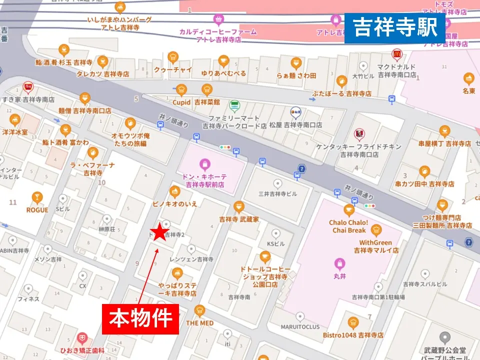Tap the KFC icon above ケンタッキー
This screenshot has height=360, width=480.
pyautogui.click(x=358, y=133)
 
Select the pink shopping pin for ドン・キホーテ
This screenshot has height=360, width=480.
pyautogui.click(x=204, y=163)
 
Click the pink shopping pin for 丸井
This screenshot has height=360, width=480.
pyautogui.click(x=340, y=262)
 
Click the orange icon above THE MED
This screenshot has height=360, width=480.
pyautogui.click(x=199, y=310)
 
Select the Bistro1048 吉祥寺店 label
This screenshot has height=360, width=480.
pyautogui.click(x=353, y=334)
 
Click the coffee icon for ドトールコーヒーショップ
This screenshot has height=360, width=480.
pyautogui.click(x=265, y=257)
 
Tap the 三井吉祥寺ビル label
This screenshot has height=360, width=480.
pyautogui.click(x=277, y=194)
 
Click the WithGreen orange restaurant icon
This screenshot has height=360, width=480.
pyautogui.click(x=376, y=230)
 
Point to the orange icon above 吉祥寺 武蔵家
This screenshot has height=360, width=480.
pyautogui.click(x=238, y=206)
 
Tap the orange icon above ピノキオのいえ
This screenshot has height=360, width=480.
pyautogui.click(x=174, y=191)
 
